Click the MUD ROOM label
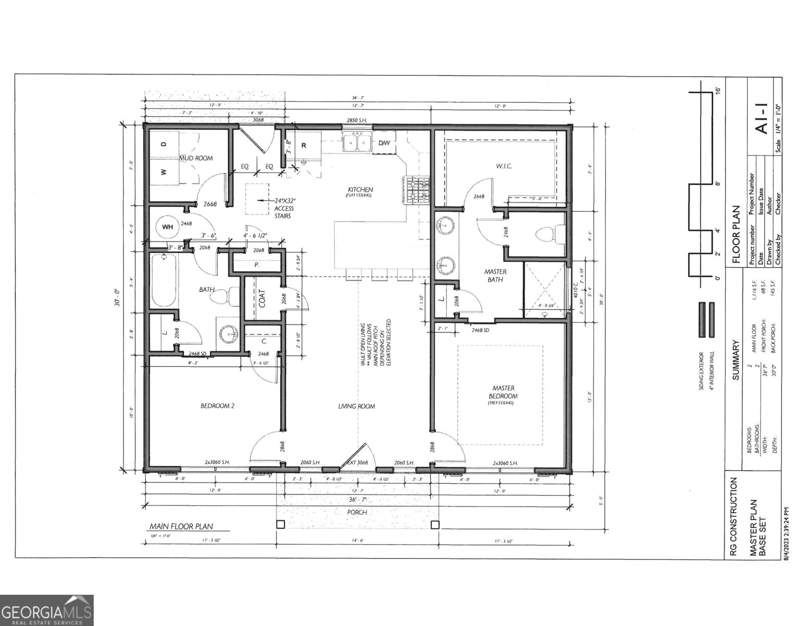pyautogui.click(x=196, y=158)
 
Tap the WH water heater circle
pyautogui.click(x=167, y=227)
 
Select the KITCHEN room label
pyautogui.click(x=360, y=189)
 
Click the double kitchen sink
pyautogui.click(x=357, y=142)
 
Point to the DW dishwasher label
pyautogui.click(x=384, y=143)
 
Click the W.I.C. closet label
pyautogui.click(x=503, y=166)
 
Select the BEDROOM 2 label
pyautogui.click(x=217, y=406)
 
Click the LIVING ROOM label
pyautogui.click(x=356, y=406)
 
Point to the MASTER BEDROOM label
pyautogui.click(x=503, y=392)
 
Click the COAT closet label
pyautogui.click(x=262, y=298)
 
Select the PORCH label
pyautogui.click(x=357, y=512)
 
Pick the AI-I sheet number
pyautogui.click(x=761, y=121)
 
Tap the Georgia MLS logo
pyautogui.click(x=46, y=610)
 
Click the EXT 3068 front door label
pyautogui.click(x=358, y=463)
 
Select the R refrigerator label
pyautogui.click(x=304, y=146)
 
